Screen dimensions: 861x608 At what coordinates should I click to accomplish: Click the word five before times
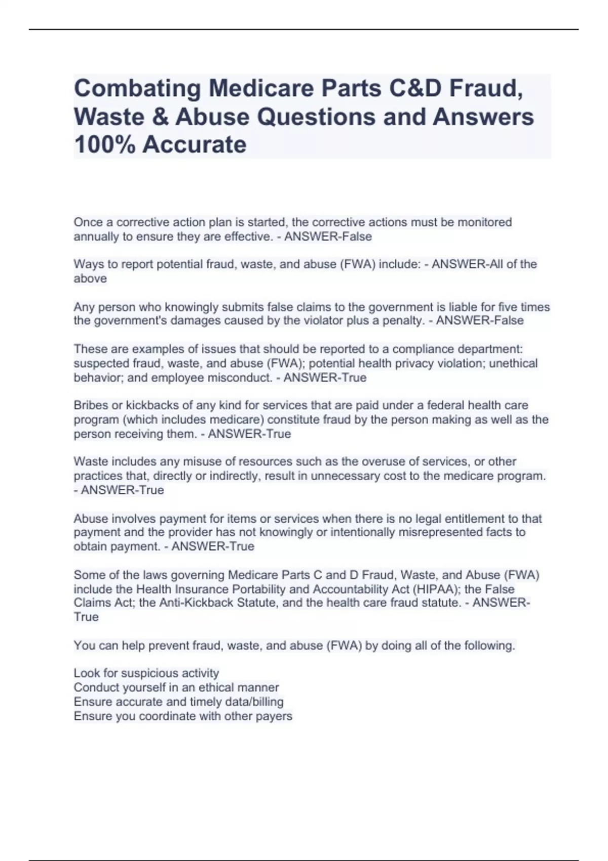508,307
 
